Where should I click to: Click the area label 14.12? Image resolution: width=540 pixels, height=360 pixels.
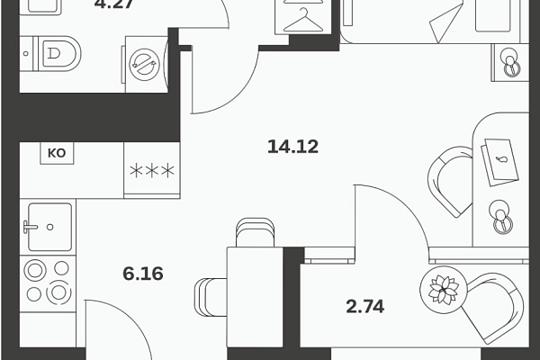click(292, 147)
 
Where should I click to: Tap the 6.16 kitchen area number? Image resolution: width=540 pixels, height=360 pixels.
click(143, 274)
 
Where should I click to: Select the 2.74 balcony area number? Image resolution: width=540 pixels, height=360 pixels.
click(365, 306)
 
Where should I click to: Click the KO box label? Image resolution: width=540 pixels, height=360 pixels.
click(57, 153)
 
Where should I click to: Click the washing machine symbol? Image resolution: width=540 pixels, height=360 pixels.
click(146, 65)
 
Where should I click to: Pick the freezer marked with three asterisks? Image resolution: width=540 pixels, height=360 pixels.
click(152, 170)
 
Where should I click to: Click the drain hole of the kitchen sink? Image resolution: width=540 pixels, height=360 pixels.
click(49, 227)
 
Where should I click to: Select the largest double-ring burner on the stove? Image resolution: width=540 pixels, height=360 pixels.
click(58, 292)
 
